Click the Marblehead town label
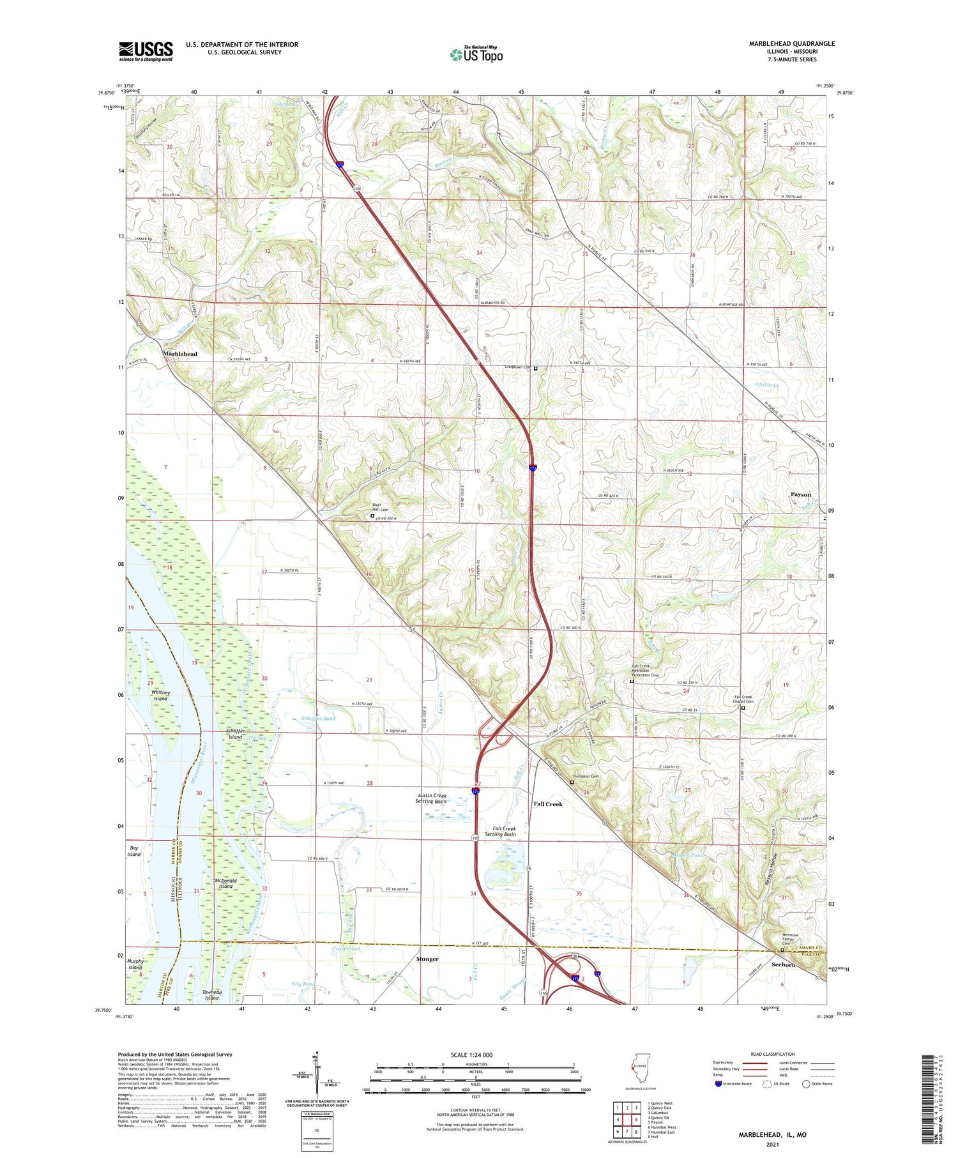180,354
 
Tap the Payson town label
801,494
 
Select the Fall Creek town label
548,804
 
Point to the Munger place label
427,959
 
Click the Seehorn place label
783,964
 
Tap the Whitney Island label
160,696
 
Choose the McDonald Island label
227,883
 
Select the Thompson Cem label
585,777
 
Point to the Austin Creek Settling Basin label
431,798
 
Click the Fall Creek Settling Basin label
500,831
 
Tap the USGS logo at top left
146,51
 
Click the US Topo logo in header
476,54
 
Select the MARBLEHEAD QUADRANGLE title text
792,43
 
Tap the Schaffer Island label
235,734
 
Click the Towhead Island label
211,995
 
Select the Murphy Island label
135,964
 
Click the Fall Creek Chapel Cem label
743,699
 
